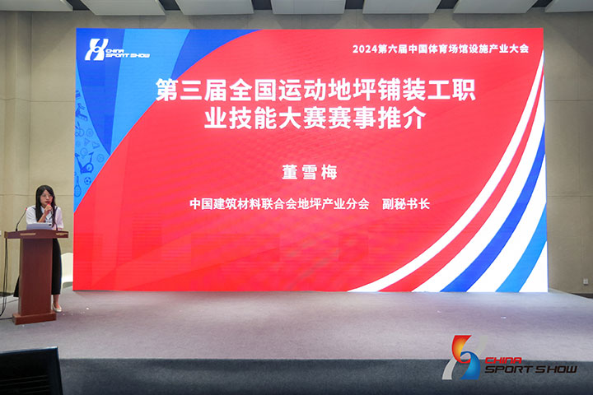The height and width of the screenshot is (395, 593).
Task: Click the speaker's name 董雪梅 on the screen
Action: click(x=310, y=172)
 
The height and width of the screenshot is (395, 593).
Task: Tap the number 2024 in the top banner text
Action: click(x=365, y=49)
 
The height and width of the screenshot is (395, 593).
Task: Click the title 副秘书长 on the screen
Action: click(x=406, y=204)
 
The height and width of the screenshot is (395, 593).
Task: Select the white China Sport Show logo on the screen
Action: click(x=117, y=49)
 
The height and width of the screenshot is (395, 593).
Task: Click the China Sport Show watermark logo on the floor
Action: click(x=510, y=358)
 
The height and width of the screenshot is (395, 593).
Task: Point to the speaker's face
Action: click(x=47, y=197)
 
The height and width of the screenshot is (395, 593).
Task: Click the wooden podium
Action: click(x=35, y=275)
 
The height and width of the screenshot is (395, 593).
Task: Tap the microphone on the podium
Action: click(x=21, y=219)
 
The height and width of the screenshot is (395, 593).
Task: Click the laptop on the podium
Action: click(x=39, y=226)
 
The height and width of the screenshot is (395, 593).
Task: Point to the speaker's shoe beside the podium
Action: click(x=57, y=308)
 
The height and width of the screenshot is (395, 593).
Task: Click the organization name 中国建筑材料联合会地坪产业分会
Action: click(x=279, y=204)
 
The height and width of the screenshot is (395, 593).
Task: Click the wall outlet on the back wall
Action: click(x=586, y=281)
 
